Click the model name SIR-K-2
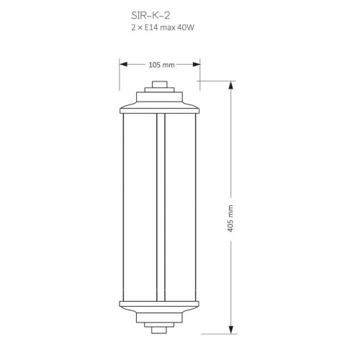coord(150,16)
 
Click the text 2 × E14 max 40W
coord(163,27)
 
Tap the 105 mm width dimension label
coord(161,65)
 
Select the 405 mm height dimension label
coord(230,218)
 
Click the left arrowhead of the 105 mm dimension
coord(123,64)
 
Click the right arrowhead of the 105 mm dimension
coord(197,64)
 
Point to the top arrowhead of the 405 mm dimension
coord(231,85)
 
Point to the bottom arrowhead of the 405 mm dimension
coord(231,330)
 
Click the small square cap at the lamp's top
coord(160,84)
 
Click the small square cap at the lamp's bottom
coord(159,330)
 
